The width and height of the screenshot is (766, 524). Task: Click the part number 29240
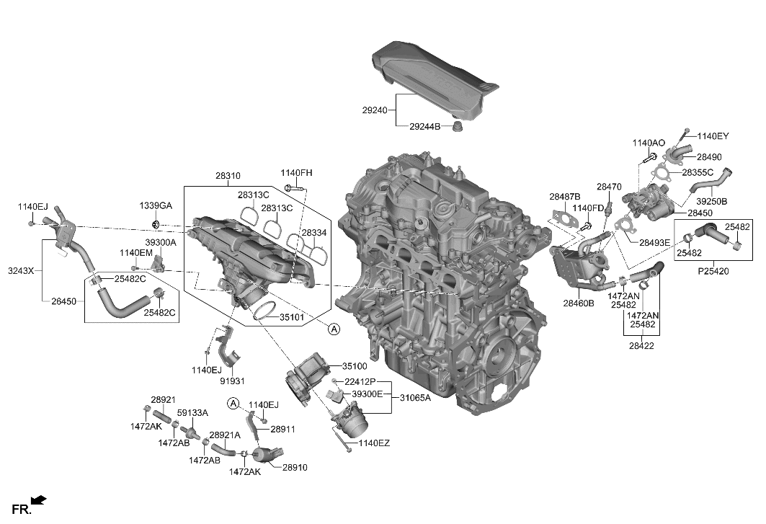(x=375, y=110)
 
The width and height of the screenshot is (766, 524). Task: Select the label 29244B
(x=424, y=127)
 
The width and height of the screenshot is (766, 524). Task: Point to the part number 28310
(x=228, y=175)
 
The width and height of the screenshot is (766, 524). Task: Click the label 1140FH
(x=296, y=173)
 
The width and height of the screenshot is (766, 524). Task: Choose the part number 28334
(x=314, y=233)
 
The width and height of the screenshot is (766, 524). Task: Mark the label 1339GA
(x=156, y=206)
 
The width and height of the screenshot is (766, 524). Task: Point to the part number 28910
(x=294, y=467)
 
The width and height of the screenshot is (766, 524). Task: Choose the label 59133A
(x=192, y=413)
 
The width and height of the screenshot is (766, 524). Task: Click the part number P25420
(x=714, y=272)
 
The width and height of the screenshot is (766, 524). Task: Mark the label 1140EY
(x=713, y=135)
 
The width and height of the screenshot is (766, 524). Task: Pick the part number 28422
(x=641, y=347)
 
